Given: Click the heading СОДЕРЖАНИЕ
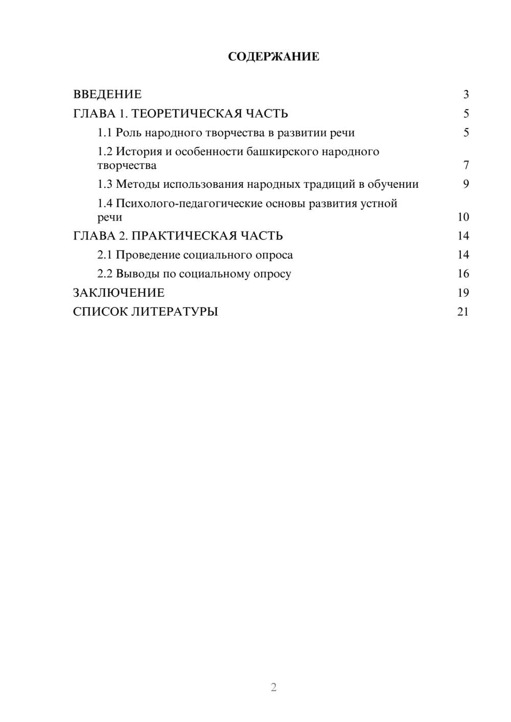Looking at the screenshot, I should click(273, 57).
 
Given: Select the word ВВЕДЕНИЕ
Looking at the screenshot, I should click(107, 94).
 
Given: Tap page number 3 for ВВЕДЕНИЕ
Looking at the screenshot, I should click(466, 94).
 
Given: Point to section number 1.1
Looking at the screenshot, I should click(104, 133).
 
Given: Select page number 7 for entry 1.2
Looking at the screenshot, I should click(466, 165).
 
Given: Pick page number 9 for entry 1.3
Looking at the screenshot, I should click(466, 184).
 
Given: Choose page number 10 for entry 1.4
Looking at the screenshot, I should click(463, 217).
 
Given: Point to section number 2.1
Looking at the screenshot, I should click(104, 255).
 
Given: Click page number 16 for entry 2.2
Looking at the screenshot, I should click(463, 274).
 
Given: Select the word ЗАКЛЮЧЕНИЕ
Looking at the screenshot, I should click(119, 293).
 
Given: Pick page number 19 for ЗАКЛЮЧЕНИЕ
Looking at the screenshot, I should click(463, 293).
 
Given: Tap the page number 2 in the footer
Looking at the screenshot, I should click(273, 687).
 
